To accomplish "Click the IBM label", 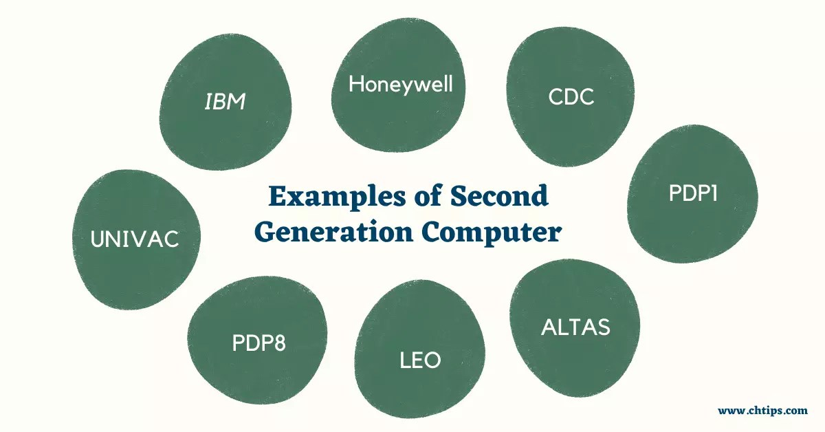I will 225,103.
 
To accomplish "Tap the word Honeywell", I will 401,85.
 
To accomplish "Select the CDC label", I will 571,98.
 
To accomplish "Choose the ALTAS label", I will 575,327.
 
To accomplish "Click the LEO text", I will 420,360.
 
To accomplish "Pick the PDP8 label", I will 258,343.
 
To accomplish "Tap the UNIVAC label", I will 135,239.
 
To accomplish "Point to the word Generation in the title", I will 334,232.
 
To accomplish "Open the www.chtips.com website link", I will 762,411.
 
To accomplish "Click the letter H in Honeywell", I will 355,85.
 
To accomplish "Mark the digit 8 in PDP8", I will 278,343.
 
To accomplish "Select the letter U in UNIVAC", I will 99,239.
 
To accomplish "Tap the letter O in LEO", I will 432,360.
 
